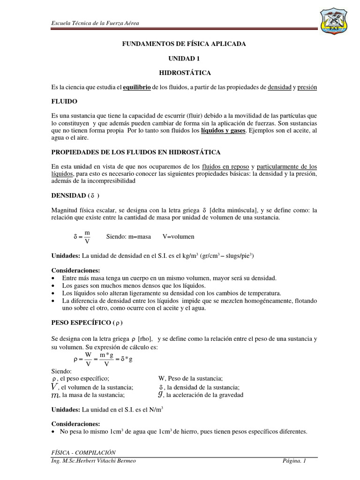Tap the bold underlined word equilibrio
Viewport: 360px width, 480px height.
(137, 88)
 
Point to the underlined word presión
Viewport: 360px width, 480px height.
(307, 88)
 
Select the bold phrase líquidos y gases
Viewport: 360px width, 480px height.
(223, 130)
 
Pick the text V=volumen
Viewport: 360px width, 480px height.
(179, 237)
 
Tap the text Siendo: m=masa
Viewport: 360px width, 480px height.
(128, 237)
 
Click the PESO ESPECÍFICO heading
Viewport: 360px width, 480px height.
(87, 323)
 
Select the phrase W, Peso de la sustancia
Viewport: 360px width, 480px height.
(191, 379)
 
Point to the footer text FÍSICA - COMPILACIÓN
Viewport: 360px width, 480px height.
(83, 452)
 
